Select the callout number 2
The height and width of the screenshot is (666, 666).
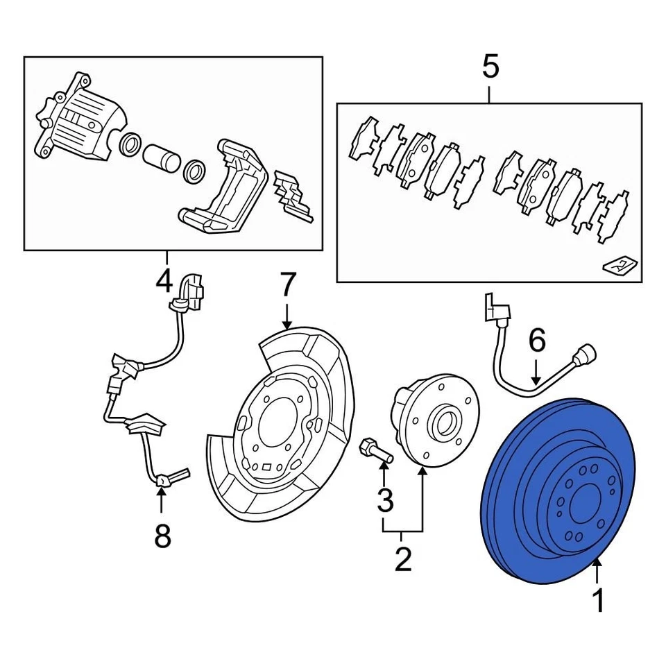[403, 558]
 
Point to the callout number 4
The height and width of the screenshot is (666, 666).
[164, 282]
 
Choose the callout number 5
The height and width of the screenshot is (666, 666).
[490, 68]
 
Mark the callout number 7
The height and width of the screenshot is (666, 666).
[288, 284]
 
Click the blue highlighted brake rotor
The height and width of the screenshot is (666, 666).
[513, 527]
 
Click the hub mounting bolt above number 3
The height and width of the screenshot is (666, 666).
[374, 451]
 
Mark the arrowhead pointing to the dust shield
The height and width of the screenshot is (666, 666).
[288, 323]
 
